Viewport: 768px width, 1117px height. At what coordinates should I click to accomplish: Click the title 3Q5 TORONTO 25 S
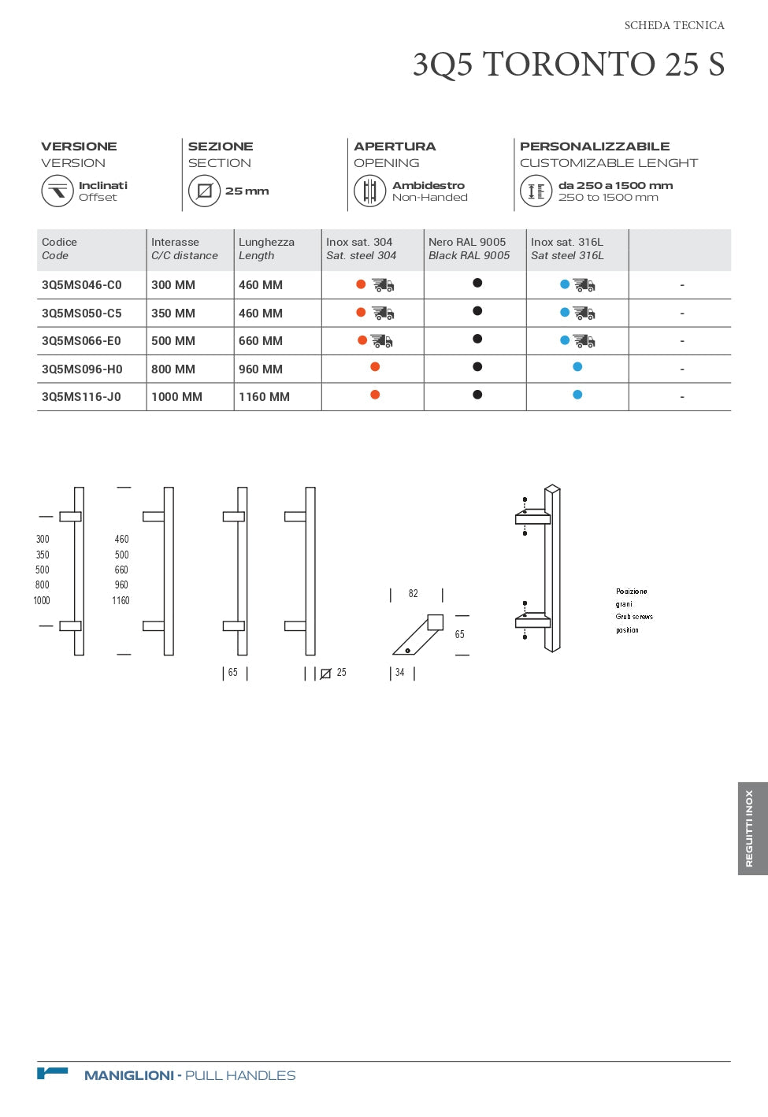(x=568, y=65)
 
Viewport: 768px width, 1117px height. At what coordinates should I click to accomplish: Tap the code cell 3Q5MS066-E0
(x=82, y=341)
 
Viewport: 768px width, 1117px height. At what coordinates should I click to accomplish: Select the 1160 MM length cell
(x=264, y=397)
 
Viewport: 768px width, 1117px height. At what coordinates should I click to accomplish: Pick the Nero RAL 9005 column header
(x=469, y=249)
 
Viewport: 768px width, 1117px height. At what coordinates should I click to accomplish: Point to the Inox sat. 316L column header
(x=567, y=249)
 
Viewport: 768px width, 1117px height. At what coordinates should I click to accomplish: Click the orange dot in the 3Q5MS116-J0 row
(x=375, y=395)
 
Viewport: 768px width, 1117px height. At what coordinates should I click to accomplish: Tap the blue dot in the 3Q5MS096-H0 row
(x=577, y=367)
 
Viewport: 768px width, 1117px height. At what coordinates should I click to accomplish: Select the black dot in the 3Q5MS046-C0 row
(x=477, y=283)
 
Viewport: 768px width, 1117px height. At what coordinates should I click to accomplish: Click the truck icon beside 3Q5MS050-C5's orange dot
(x=384, y=314)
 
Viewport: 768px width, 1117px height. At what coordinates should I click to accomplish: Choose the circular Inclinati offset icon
(x=58, y=191)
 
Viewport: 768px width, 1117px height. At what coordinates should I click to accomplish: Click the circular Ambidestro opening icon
(x=369, y=191)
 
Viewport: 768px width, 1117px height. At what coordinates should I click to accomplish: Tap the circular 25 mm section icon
(x=204, y=191)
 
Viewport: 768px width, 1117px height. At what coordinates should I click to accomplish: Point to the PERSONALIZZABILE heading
(x=595, y=147)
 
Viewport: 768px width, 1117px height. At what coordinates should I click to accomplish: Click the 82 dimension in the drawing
(x=414, y=594)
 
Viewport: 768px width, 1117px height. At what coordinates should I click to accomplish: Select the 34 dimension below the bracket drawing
(x=400, y=673)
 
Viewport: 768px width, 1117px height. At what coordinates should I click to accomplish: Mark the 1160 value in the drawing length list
(x=121, y=601)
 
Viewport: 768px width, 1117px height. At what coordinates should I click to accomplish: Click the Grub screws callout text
(x=634, y=617)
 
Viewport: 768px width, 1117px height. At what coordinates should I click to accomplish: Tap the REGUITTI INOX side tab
(x=751, y=829)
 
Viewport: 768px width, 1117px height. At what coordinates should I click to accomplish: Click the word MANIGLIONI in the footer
(x=129, y=1075)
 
